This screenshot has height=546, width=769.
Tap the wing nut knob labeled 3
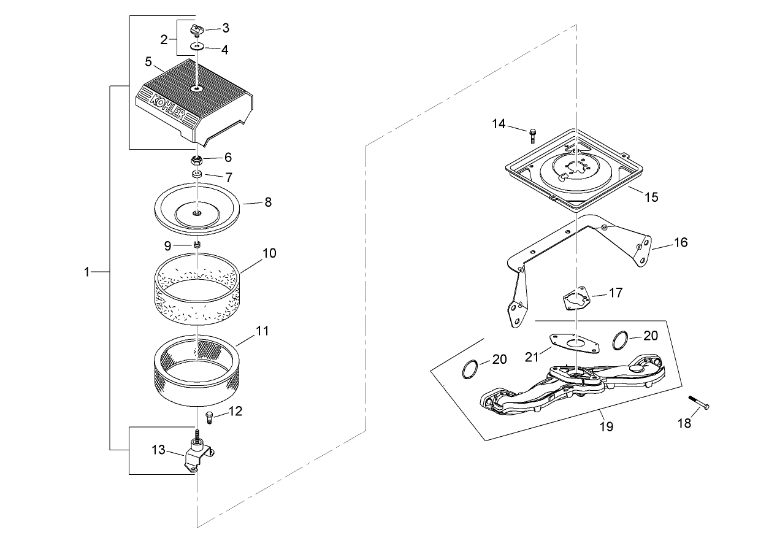(197, 31)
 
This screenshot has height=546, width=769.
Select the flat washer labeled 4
(197, 46)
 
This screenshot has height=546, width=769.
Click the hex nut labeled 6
(196, 160)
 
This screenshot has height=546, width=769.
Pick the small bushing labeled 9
(197, 245)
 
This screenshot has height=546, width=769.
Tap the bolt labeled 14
(532, 136)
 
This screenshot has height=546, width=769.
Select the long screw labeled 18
(699, 402)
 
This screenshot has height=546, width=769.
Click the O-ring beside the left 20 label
(470, 369)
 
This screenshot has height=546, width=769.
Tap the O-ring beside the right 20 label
(621, 340)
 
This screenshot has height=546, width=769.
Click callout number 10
(269, 253)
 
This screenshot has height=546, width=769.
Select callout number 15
(651, 197)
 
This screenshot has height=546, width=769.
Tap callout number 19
(606, 426)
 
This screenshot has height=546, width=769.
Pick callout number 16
(681, 242)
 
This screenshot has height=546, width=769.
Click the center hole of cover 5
(197, 88)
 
